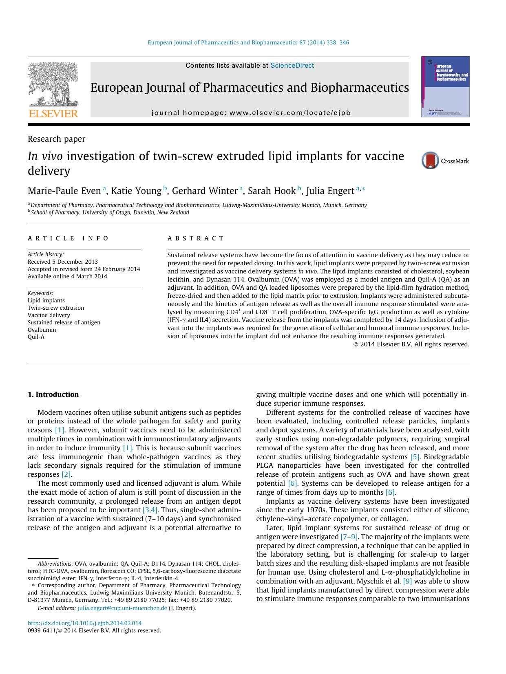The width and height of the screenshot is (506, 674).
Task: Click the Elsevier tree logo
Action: pyautogui.click(x=53, y=86)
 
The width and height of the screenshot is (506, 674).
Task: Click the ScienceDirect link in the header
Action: pyautogui.click(x=292, y=65)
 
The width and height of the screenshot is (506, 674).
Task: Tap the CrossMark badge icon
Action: pyautogui.click(x=431, y=161)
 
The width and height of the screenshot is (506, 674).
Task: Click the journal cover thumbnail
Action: pyautogui.click(x=445, y=87)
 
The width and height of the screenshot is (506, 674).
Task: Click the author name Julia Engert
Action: pyautogui.click(x=330, y=191)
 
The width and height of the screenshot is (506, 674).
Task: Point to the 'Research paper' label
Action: pyautogui.click(x=56, y=139)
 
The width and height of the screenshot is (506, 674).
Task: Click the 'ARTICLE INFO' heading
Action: pyautogui.click(x=68, y=238)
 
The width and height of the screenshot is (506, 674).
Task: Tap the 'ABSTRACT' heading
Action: pyautogui.click(x=196, y=238)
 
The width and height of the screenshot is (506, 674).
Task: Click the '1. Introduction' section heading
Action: pyautogui.click(x=53, y=394)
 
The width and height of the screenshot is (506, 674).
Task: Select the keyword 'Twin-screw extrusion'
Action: pyautogui.click(x=56, y=308)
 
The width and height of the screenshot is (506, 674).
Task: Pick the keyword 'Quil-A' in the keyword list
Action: pyautogui.click(x=36, y=337)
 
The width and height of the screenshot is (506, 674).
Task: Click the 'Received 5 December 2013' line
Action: pyautogui.click(x=63, y=262)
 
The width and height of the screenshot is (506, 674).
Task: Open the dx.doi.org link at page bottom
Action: pyautogui.click(x=85, y=623)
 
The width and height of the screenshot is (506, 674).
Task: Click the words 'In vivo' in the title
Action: pyautogui.click(x=45, y=156)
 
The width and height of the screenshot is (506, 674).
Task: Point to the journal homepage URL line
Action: pyautogui.click(x=251, y=113)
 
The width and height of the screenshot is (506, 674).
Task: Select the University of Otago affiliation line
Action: pyautogui.click(x=110, y=212)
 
